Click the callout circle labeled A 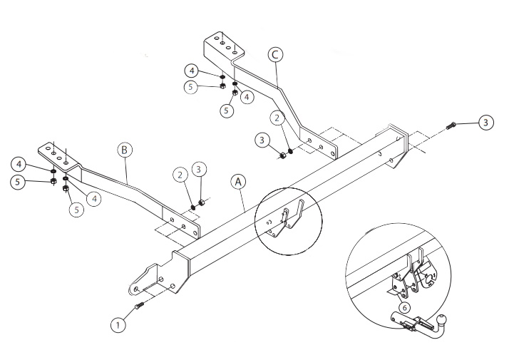pyautogui.click(x=238, y=182)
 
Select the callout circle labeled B pyautogui.click(x=125, y=150)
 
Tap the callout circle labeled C pyautogui.click(x=275, y=55)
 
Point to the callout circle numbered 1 pyautogui.click(x=118, y=324)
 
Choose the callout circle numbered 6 pyautogui.click(x=404, y=307)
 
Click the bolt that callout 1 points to pyautogui.click(x=138, y=306)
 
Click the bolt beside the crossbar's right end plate pyautogui.click(x=451, y=125)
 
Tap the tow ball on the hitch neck pyautogui.click(x=442, y=319)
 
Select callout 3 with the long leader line pyautogui.click(x=485, y=123)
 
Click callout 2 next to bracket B pyautogui.click(x=180, y=175)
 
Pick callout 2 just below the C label pyautogui.click(x=277, y=118)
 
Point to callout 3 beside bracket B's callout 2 pyautogui.click(x=199, y=169)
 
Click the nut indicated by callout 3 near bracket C pyautogui.click(x=282, y=155)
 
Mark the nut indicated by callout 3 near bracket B pyautogui.click(x=201, y=203)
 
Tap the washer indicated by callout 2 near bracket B pyautogui.click(x=193, y=207)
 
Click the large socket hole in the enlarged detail pyautogui.click(x=428, y=279)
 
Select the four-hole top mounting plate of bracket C pyautogui.click(x=224, y=46)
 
